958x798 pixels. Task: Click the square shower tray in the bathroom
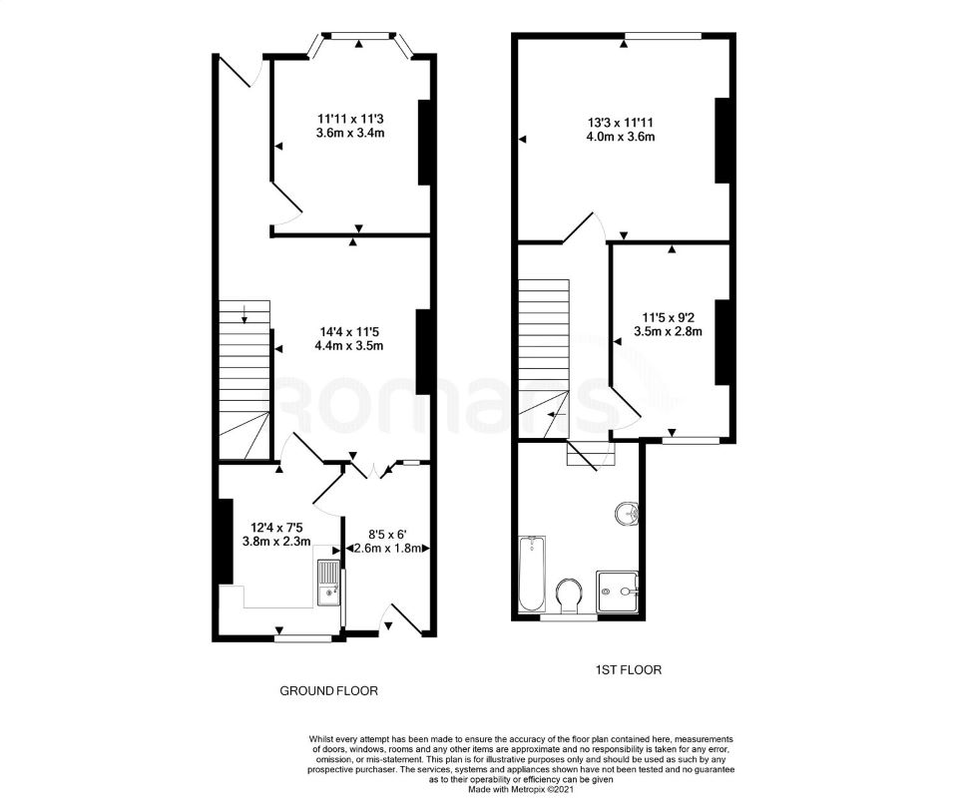(617, 592)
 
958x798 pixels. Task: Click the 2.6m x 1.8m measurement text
(387, 548)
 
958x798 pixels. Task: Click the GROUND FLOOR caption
(328, 690)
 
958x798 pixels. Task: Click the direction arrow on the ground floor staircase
(245, 318)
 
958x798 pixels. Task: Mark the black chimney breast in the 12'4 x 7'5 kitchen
(226, 540)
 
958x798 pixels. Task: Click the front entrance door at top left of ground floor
(240, 72)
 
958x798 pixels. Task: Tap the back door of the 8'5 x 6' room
(410, 618)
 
